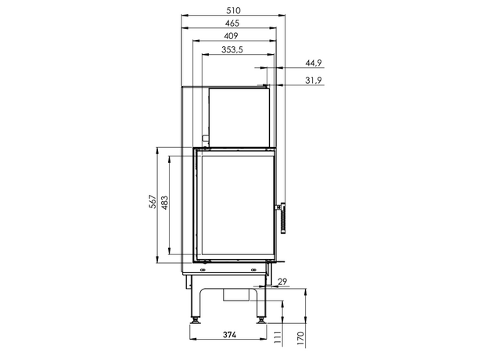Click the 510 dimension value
[233, 11]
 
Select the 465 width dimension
[232, 23]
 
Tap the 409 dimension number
[231, 36]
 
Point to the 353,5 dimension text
[231, 49]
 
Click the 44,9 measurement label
[314, 63]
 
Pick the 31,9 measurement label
[314, 81]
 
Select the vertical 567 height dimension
[152, 201]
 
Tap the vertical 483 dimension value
[165, 203]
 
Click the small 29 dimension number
[282, 282]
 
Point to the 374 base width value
[229, 335]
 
